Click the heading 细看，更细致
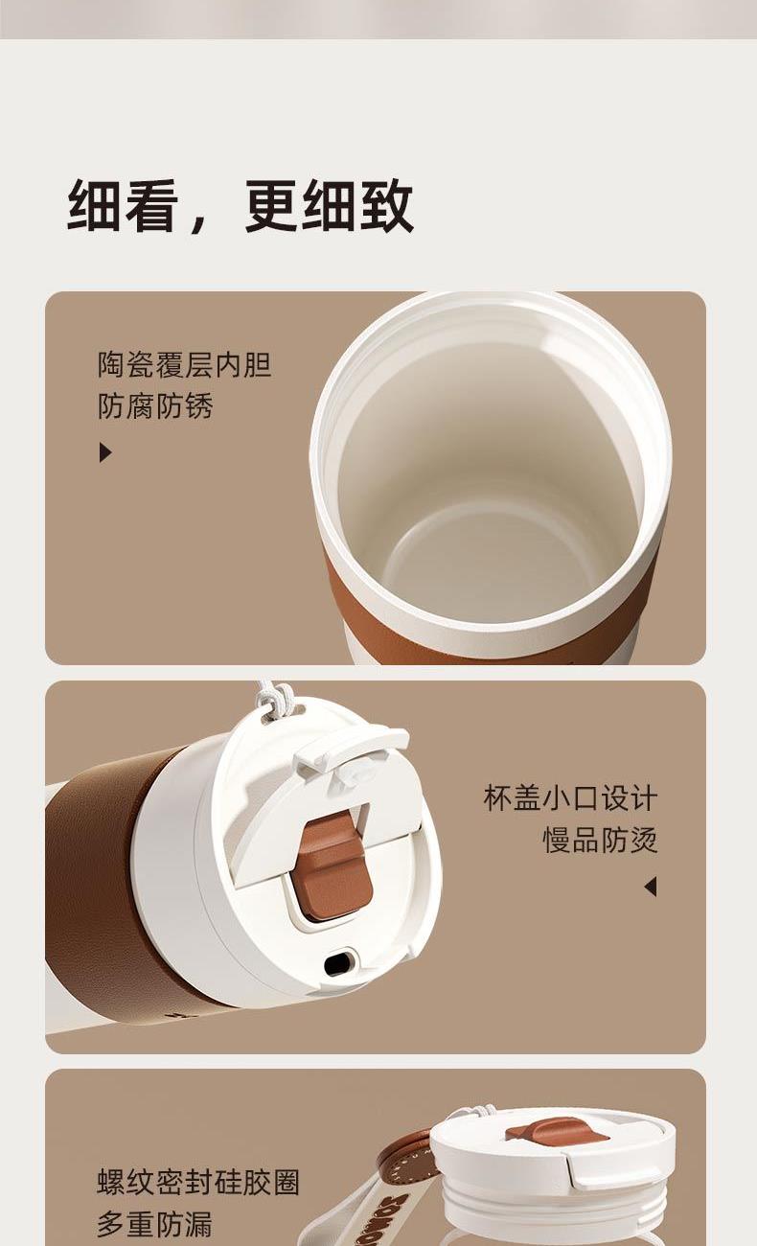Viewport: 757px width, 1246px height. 240,205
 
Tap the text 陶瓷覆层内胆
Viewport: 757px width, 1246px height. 185,365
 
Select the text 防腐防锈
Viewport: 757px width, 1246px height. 155,405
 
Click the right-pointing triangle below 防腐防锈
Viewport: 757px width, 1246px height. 105,452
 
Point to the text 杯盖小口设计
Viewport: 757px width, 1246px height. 570,797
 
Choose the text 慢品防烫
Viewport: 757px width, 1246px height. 600,840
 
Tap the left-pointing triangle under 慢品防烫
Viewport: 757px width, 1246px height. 651,887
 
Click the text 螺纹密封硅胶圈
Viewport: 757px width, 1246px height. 198,1182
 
